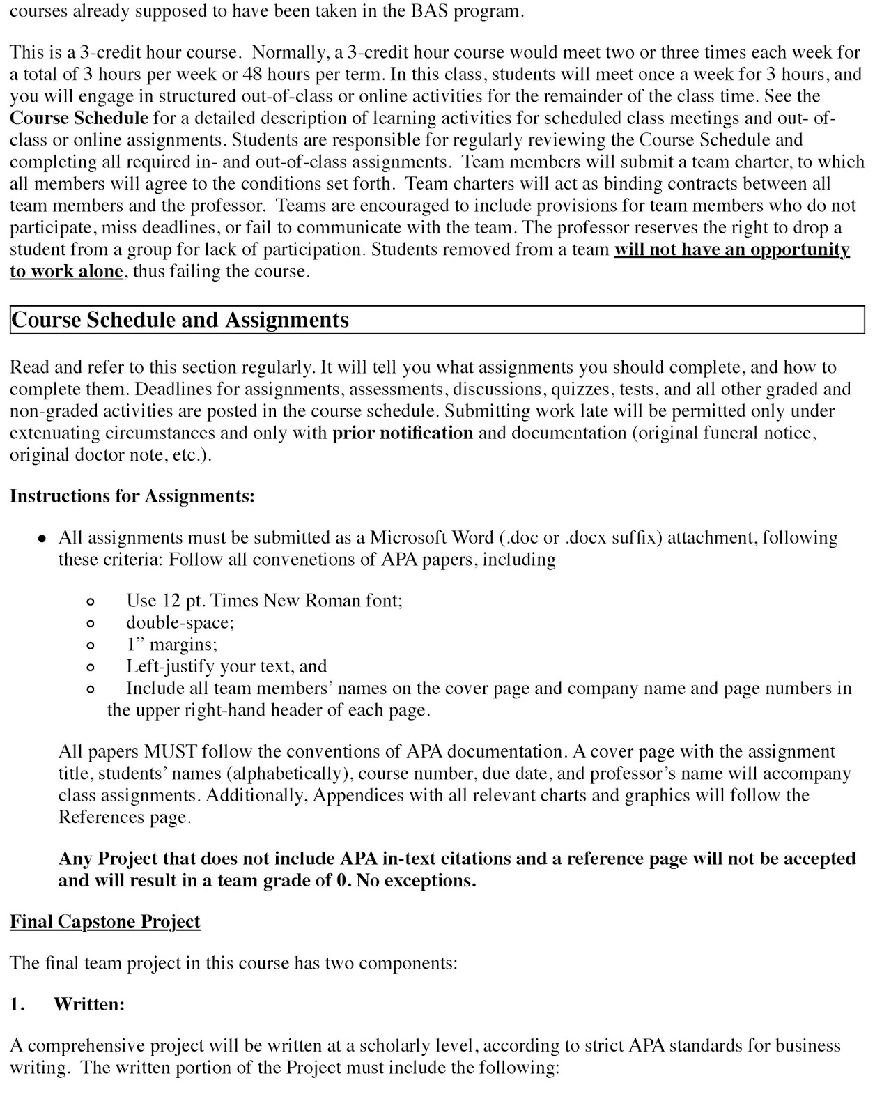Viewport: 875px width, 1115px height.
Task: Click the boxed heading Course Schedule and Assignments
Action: point(180,320)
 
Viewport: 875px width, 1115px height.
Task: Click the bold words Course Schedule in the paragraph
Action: point(79,118)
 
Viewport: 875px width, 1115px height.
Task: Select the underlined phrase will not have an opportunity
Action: point(731,249)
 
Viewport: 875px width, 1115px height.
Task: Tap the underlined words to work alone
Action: point(66,271)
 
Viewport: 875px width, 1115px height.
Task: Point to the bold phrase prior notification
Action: point(403,433)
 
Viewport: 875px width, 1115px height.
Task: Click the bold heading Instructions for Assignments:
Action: point(132,496)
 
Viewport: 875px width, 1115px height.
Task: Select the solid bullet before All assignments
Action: point(42,539)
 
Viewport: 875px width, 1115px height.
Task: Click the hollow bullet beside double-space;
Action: point(89,623)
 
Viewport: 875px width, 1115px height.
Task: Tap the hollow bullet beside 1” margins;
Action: point(89,645)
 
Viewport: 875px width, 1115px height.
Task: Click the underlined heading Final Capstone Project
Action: point(104,921)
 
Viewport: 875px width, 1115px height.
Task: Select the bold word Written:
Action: point(89,1004)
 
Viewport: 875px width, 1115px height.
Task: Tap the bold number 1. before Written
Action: point(17,1004)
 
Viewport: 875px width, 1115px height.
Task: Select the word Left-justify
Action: point(170,666)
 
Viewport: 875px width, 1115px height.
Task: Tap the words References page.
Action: point(124,817)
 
